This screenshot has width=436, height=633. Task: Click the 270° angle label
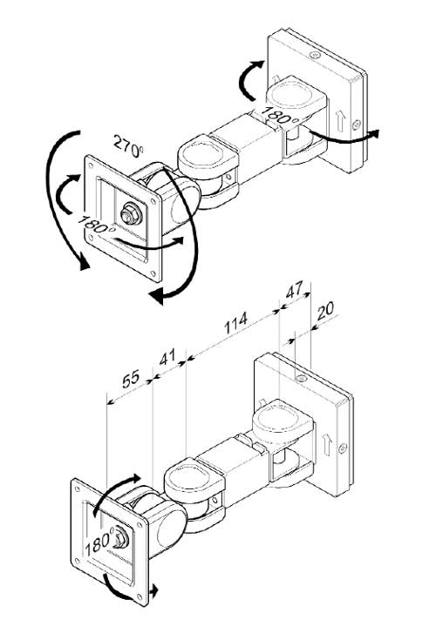pos(128,146)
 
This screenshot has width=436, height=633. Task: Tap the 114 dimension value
pos(235,322)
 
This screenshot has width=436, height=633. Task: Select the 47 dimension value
pos(294,289)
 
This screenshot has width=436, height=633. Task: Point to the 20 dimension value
pos(325,311)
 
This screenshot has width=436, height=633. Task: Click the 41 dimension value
pos(167,357)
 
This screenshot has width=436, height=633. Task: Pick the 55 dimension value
pos(131,379)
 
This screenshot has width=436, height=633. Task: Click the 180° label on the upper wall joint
pos(280,115)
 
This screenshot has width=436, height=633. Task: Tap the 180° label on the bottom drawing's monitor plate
pos(99,544)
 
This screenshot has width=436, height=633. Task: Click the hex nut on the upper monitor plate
pos(131,214)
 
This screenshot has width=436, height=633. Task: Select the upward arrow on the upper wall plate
pos(339,121)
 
